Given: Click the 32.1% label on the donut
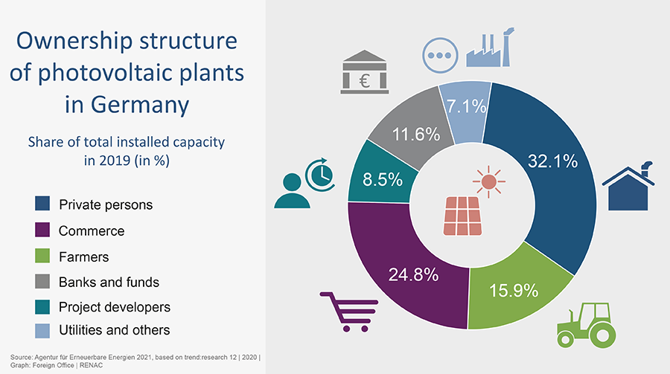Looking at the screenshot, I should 552,161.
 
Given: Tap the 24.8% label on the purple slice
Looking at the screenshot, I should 414,274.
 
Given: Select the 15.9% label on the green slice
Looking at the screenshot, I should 513,290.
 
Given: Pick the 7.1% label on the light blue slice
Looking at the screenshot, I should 466,108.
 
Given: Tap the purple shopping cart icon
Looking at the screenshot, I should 349,310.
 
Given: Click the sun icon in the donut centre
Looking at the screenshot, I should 488,181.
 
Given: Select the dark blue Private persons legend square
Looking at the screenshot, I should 42,203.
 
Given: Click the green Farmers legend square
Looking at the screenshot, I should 42,257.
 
